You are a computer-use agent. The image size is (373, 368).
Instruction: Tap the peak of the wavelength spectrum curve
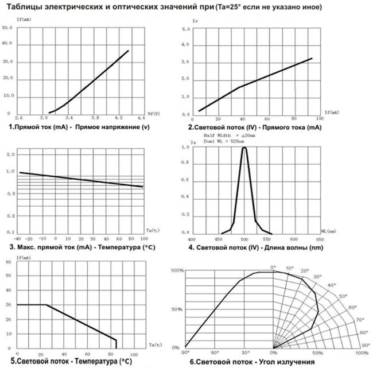[x=244, y=148]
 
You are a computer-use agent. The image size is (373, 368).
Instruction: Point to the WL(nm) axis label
[x=330, y=232]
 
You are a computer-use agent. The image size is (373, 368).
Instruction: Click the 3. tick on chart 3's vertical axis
[x=9, y=155]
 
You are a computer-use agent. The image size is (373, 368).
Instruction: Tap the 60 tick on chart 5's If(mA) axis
[x=8, y=262]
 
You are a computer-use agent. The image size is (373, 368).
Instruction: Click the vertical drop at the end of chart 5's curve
[x=116, y=343]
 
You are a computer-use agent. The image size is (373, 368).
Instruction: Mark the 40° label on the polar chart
[x=331, y=285]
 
